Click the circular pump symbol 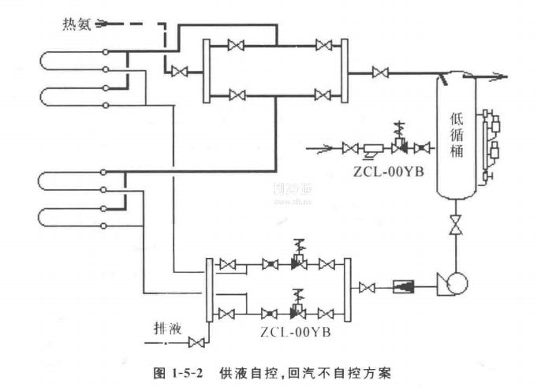point(453,282)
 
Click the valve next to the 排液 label point(196,341)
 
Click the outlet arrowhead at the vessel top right point(500,76)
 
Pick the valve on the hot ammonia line point(179,73)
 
